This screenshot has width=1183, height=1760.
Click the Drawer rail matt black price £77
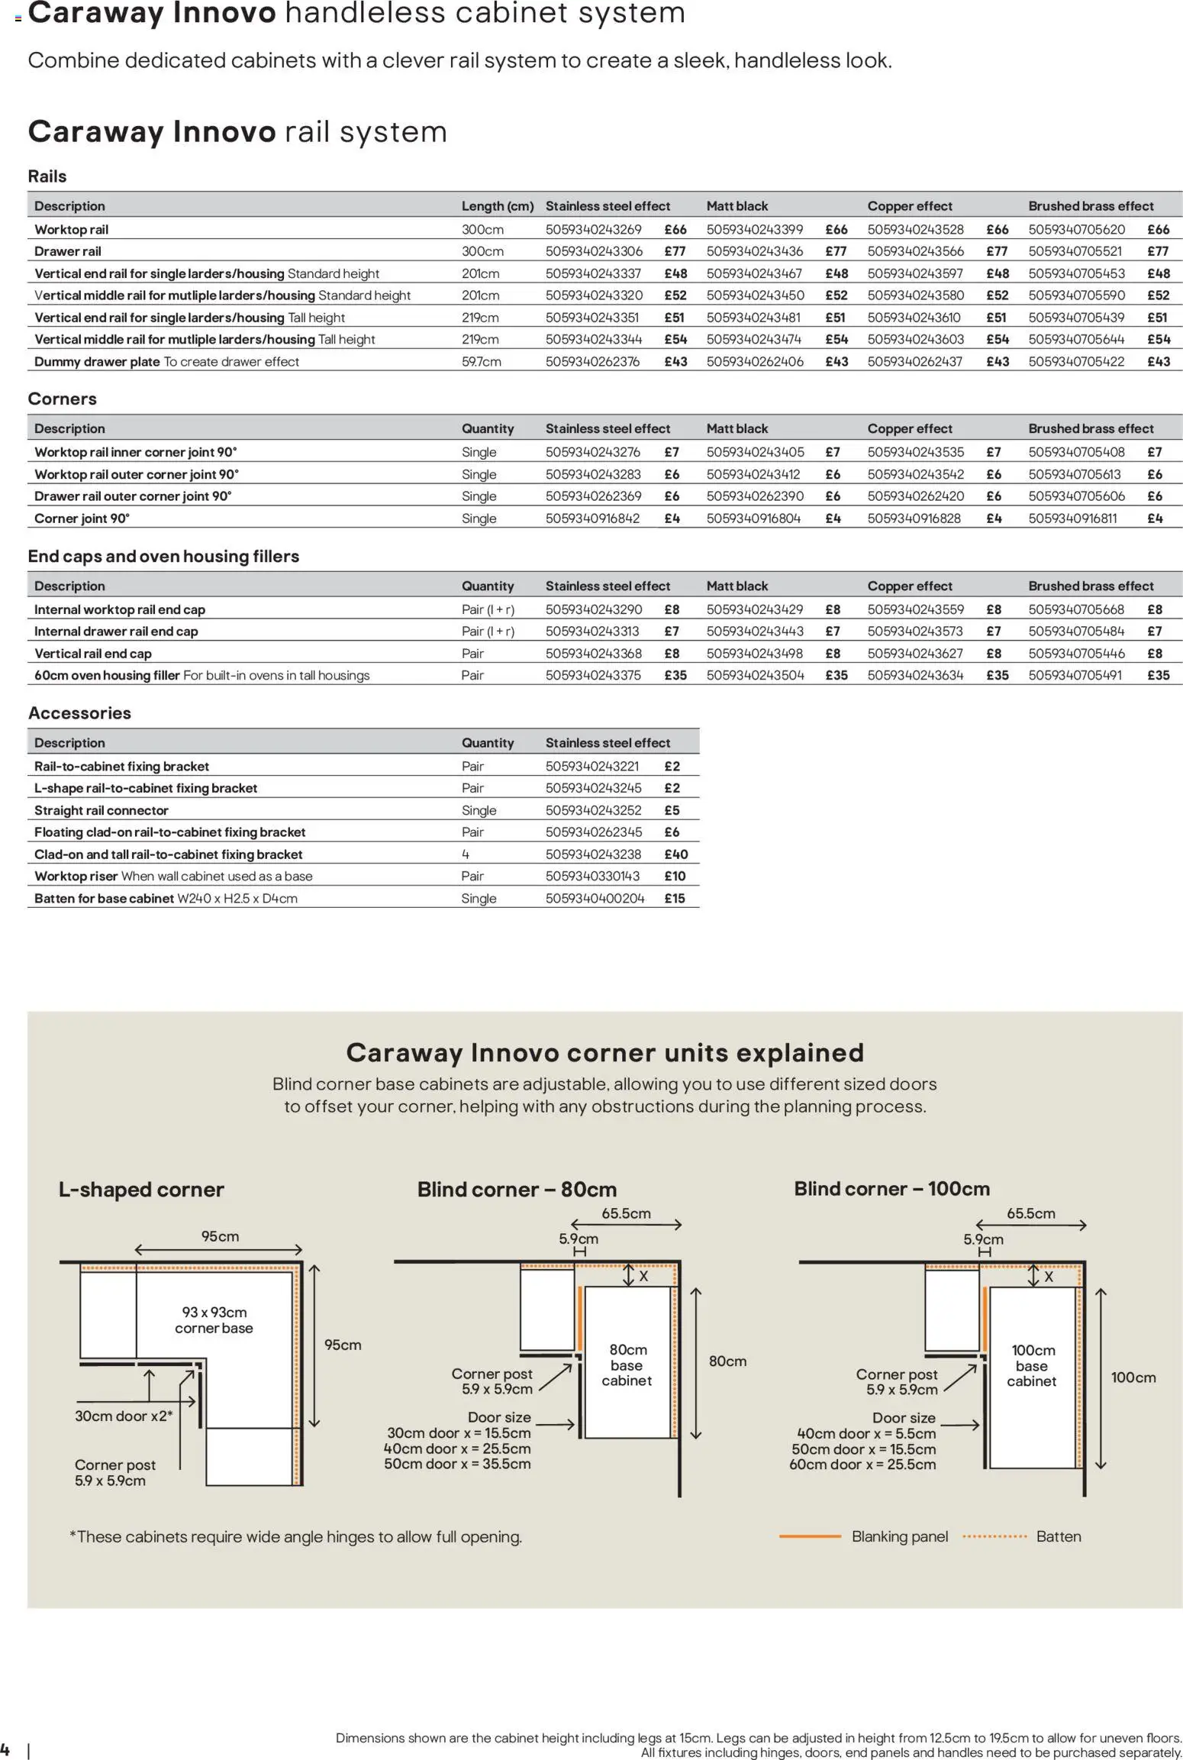(x=836, y=251)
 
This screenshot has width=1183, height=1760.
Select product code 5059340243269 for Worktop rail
(x=593, y=229)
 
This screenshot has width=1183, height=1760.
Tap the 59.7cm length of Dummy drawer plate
(x=481, y=361)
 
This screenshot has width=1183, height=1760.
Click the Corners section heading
(x=62, y=399)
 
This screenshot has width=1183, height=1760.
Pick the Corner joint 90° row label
(x=82, y=518)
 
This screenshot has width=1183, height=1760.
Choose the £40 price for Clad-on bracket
(x=675, y=854)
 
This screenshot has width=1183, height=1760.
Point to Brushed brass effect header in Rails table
(x=1090, y=205)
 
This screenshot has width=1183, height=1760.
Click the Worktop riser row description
(x=172, y=876)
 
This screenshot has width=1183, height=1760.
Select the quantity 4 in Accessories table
(x=465, y=854)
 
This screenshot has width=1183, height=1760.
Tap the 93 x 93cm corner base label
(x=214, y=1319)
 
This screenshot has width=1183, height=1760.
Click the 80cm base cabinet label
(x=627, y=1364)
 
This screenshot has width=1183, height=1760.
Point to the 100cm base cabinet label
(x=1032, y=1365)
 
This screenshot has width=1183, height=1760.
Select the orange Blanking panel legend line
(x=809, y=1536)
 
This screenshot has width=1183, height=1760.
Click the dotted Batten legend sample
(x=994, y=1536)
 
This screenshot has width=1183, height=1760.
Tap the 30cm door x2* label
(x=123, y=1416)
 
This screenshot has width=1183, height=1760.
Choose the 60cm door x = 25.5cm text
(x=862, y=1464)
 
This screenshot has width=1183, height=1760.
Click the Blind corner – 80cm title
(x=516, y=1189)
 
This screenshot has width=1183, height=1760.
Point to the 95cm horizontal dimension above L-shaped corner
(x=220, y=1236)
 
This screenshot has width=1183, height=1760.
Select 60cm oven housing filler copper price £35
(x=997, y=675)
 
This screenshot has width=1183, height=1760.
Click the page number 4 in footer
(x=5, y=1749)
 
